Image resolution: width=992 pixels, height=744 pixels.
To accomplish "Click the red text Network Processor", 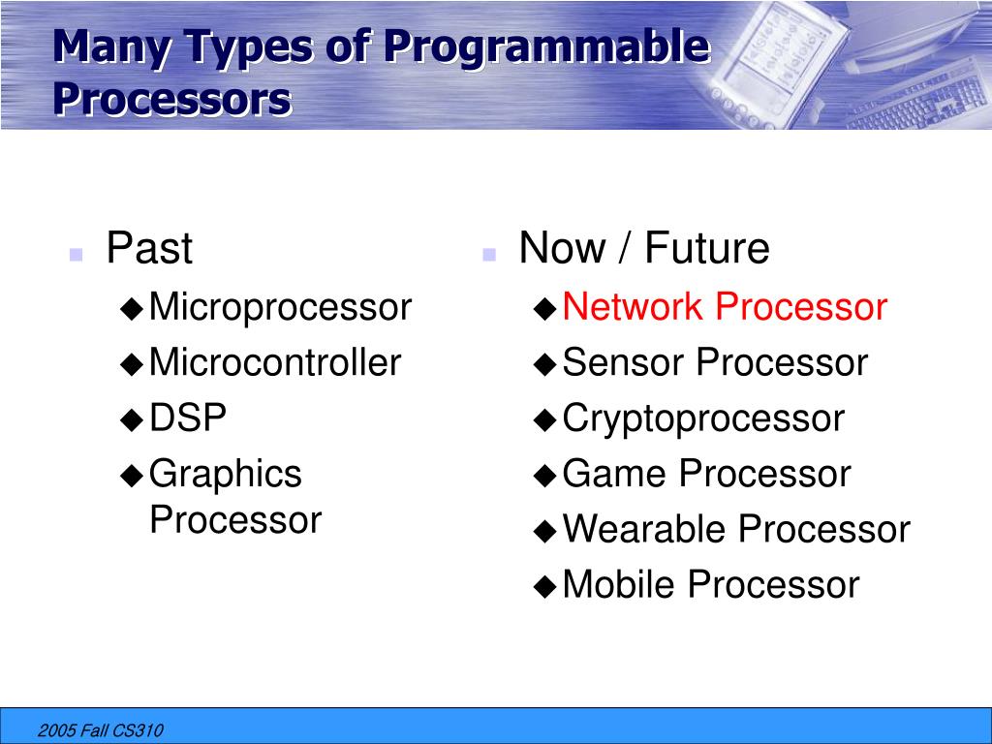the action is point(725,307).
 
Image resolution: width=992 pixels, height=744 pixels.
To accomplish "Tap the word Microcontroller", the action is point(275,362).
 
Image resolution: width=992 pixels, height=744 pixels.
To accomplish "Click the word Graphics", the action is point(225,476).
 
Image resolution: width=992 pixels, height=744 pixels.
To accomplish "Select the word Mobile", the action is point(619,584).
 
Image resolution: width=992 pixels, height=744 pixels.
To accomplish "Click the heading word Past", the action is point(149,247).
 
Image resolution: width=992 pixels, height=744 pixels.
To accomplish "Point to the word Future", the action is point(706,247).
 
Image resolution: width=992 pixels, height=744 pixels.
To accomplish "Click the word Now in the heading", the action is point(562,247).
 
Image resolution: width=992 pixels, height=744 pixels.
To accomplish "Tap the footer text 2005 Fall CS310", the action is point(100,730).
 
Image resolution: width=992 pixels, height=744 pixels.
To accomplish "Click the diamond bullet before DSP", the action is point(132,419).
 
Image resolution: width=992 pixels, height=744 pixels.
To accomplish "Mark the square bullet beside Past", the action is point(76,255).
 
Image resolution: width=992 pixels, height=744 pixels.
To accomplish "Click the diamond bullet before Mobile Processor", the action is point(544,586).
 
